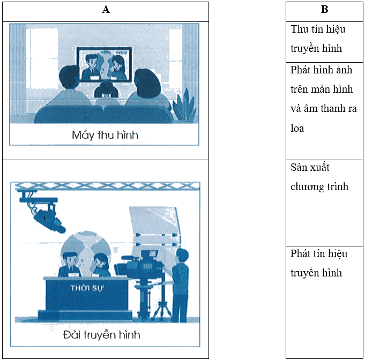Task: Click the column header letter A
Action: pyautogui.click(x=106, y=10)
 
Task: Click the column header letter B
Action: pyautogui.click(x=324, y=10)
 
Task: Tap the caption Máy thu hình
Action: pyautogui.click(x=105, y=135)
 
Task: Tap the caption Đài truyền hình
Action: pyautogui.click(x=102, y=335)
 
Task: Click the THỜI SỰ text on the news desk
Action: pyautogui.click(x=87, y=288)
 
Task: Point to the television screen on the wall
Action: pyautogui.click(x=105, y=64)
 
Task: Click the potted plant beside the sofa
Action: pyautogui.click(x=185, y=105)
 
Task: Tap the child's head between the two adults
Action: pyautogui.click(x=106, y=89)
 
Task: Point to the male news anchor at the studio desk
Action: pyautogui.click(x=70, y=265)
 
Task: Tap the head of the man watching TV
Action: pyautogui.click(x=70, y=77)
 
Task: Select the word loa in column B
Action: pyautogui.click(x=297, y=128)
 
